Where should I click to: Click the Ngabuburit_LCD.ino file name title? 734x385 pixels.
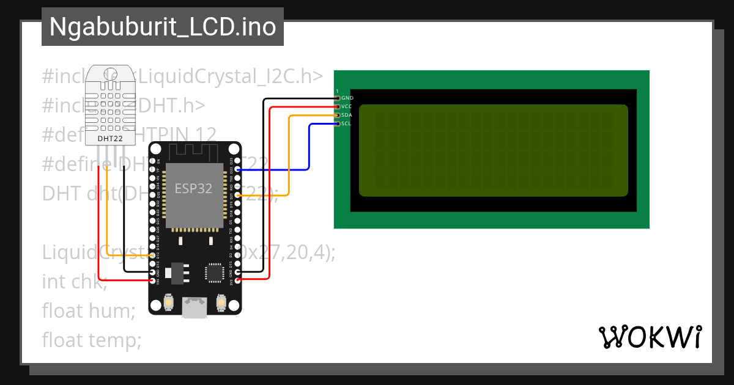(x=162, y=27)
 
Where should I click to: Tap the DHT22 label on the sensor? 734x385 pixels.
(x=110, y=139)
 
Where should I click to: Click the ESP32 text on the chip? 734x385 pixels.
(x=193, y=188)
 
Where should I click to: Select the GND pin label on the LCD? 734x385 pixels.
(x=347, y=98)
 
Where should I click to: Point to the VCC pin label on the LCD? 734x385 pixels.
(x=346, y=106)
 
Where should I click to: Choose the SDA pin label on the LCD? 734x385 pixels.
(x=346, y=115)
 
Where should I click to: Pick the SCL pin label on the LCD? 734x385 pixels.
(x=346, y=123)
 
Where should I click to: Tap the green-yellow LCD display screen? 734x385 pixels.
(x=493, y=150)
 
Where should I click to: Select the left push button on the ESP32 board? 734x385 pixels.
(x=169, y=301)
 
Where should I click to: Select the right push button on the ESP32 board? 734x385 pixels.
(x=221, y=301)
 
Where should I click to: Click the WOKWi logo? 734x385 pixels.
(x=650, y=337)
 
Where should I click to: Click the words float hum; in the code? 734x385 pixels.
(x=89, y=310)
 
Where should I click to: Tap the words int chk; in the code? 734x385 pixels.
(x=75, y=282)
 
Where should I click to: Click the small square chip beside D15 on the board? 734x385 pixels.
(x=215, y=272)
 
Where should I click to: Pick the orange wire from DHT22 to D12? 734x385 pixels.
(x=108, y=208)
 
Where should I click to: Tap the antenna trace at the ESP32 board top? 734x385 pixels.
(x=193, y=151)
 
